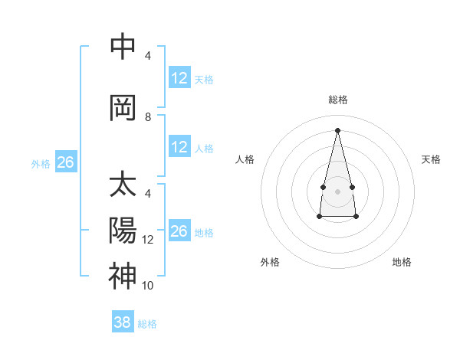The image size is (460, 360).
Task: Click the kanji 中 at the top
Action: tap(123, 47)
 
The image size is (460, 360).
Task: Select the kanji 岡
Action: tap(123, 108)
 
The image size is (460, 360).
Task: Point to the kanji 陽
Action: tap(123, 231)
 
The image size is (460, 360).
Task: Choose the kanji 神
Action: tap(123, 276)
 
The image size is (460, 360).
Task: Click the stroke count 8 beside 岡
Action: tap(148, 117)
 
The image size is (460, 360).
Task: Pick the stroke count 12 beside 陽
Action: tap(148, 240)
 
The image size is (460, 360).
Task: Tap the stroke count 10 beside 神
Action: tap(148, 286)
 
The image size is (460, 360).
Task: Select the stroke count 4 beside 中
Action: tap(148, 56)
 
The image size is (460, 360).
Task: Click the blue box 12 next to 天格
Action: tap(179, 78)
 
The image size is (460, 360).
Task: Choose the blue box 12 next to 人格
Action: tap(179, 147)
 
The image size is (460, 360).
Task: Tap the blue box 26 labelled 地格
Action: tap(179, 231)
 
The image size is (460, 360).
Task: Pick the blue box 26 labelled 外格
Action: tap(65, 162)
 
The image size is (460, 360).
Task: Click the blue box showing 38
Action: tap(122, 322)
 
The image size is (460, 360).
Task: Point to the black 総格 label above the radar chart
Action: tap(337, 100)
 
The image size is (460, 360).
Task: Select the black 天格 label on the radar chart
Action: tap(432, 159)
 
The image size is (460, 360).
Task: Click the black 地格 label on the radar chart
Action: tap(402, 262)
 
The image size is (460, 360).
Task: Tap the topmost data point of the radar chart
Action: tap(337, 130)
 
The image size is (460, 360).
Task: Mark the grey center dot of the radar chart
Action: tap(337, 190)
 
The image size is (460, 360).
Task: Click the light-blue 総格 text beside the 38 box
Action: tap(147, 324)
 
